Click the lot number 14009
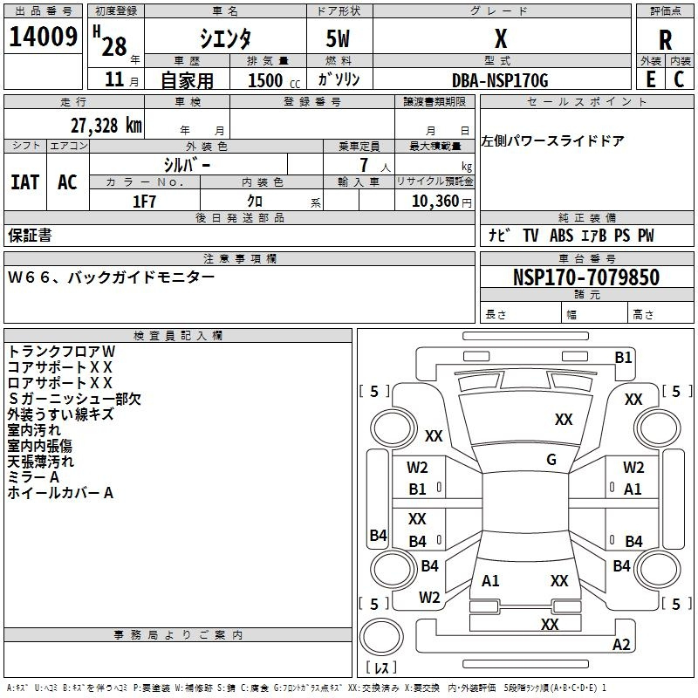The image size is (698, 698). coord(43,37)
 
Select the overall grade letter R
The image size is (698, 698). coord(665,40)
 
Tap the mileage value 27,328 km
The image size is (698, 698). coord(106,125)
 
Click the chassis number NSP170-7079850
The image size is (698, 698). coord(585,277)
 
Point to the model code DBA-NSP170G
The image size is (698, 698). coord(500,80)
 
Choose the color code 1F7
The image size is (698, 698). coord(144,202)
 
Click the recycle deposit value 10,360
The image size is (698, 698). coord(435,201)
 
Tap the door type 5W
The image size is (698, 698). coord(338,38)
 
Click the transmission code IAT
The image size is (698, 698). coord(25,182)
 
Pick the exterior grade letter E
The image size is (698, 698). coord(650,79)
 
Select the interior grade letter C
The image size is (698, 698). coord(679,79)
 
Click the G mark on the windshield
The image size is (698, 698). coord(551,459)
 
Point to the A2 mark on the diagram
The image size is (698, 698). coord(621,644)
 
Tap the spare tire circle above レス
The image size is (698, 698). coord(381,637)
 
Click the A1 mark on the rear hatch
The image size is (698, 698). coord(490,581)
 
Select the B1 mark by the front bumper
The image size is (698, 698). coord(623,357)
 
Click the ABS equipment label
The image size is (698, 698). coord(561,236)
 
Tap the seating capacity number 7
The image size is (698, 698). coord(364,165)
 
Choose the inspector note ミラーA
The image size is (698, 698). coord(33,477)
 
